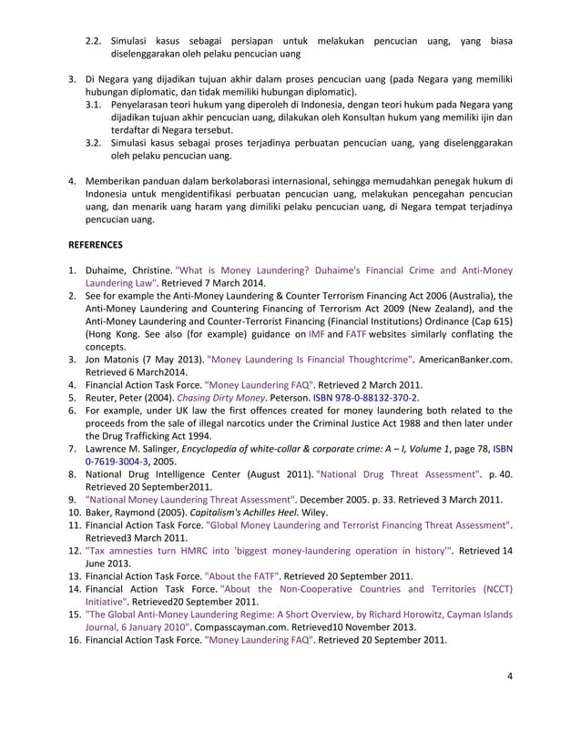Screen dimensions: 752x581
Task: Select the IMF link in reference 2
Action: (x=315, y=334)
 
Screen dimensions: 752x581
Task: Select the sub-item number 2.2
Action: (x=94, y=42)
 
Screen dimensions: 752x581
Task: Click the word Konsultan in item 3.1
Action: (x=355, y=117)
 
